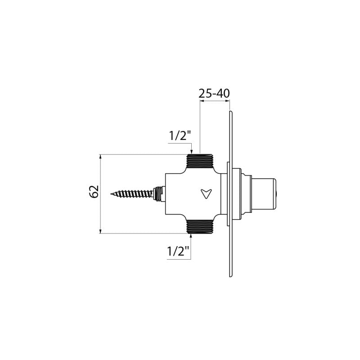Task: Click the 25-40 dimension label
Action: [x=214, y=94]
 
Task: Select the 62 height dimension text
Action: [x=94, y=192]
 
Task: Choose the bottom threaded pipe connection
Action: [x=200, y=227]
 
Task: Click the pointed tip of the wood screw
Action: [x=111, y=194]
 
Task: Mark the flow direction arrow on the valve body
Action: [x=206, y=194]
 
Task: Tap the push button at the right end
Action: [x=265, y=194]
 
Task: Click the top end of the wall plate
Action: [x=231, y=112]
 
